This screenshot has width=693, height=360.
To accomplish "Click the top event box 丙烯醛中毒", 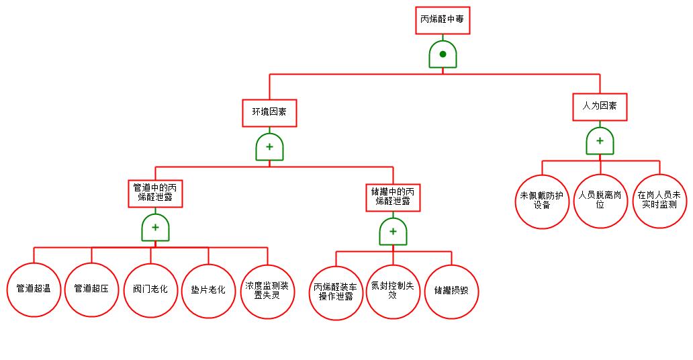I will coord(442,19).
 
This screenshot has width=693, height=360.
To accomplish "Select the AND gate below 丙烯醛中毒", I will coord(443,54).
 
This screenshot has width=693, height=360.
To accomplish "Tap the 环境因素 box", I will coord(269,112).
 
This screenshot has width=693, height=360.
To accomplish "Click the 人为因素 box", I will coord(600,106).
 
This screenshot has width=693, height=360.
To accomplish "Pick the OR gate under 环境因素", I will coord(269,147).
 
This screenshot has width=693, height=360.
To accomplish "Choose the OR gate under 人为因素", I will coord(600,141).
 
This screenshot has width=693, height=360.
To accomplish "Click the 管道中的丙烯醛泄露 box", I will coord(155,192).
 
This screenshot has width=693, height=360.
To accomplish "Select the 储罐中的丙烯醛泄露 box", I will coord(393,195).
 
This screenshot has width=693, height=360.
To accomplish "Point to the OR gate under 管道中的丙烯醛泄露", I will coord(155,228).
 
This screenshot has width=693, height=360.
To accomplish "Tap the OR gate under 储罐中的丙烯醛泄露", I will coord(393,232).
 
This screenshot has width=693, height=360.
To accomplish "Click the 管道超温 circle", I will coord(34,289).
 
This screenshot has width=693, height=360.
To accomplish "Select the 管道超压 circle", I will coord(91,289).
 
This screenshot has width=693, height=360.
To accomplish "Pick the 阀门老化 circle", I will coord(150,289).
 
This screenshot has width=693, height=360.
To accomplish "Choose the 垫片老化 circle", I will coord(208,289).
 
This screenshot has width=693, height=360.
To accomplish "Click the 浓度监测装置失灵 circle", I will coord(267,289).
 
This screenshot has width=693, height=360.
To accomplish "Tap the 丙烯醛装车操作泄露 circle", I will coord(336,292).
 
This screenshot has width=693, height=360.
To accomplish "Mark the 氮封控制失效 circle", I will coord(393,290).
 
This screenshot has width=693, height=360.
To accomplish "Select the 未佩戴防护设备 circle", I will coord(542,201).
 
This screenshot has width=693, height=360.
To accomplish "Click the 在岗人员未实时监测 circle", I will coord(659,199).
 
